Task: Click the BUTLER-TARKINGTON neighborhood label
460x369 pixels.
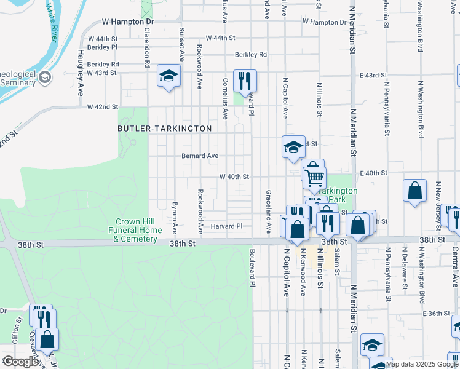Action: (x=165, y=129)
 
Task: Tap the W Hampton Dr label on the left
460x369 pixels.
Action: (x=127, y=22)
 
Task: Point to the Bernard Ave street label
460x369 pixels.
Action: (x=200, y=156)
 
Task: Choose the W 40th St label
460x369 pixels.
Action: (x=234, y=177)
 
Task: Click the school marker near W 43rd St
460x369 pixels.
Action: (x=169, y=76)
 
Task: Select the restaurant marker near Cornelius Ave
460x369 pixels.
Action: (x=245, y=81)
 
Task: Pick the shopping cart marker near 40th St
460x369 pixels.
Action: (x=314, y=177)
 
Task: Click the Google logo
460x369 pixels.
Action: (x=20, y=362)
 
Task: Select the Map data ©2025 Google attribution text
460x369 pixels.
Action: (x=421, y=364)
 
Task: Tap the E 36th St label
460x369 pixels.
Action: (x=437, y=314)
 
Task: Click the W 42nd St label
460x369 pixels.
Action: (x=102, y=107)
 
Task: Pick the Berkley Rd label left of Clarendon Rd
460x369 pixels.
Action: (x=103, y=64)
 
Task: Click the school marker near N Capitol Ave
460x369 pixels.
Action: (x=293, y=148)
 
